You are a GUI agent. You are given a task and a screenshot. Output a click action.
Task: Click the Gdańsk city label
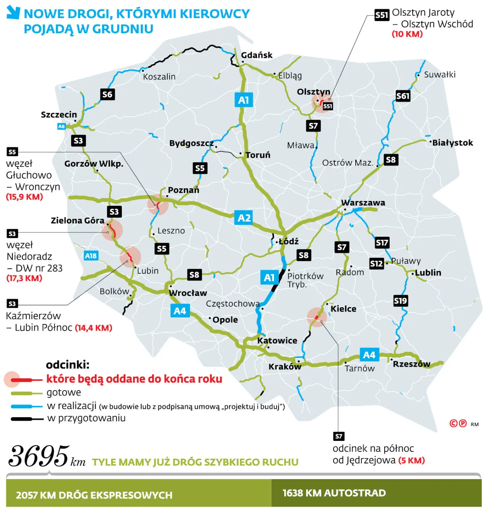257,55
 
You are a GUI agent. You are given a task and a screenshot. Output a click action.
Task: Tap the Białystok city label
452,143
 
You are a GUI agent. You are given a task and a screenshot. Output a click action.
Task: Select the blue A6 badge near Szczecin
62,126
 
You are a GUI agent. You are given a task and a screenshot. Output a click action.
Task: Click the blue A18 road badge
91,256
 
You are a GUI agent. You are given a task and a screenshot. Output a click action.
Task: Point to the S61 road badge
402,96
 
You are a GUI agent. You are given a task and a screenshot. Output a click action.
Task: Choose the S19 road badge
400,301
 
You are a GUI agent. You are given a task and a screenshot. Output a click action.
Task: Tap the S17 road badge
382,242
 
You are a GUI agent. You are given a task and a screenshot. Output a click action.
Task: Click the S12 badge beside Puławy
376,263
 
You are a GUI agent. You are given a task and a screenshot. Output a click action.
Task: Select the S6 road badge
107,94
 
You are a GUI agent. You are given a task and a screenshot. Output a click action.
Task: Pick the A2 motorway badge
244,218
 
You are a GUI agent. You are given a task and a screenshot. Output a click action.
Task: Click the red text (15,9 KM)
24,197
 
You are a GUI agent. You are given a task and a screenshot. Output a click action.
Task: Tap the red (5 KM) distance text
412,460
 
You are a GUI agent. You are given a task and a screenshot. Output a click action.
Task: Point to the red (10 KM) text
407,34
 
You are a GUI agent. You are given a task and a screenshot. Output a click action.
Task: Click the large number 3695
38,456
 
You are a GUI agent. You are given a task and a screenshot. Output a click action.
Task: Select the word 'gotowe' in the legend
64,393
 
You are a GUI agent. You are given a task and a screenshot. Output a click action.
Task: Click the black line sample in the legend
27,418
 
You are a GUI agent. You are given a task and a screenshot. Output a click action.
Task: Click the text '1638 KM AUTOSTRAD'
334,493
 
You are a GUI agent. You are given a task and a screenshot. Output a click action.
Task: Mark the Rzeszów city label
411,364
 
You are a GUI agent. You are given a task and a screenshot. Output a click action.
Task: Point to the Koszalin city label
159,77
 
